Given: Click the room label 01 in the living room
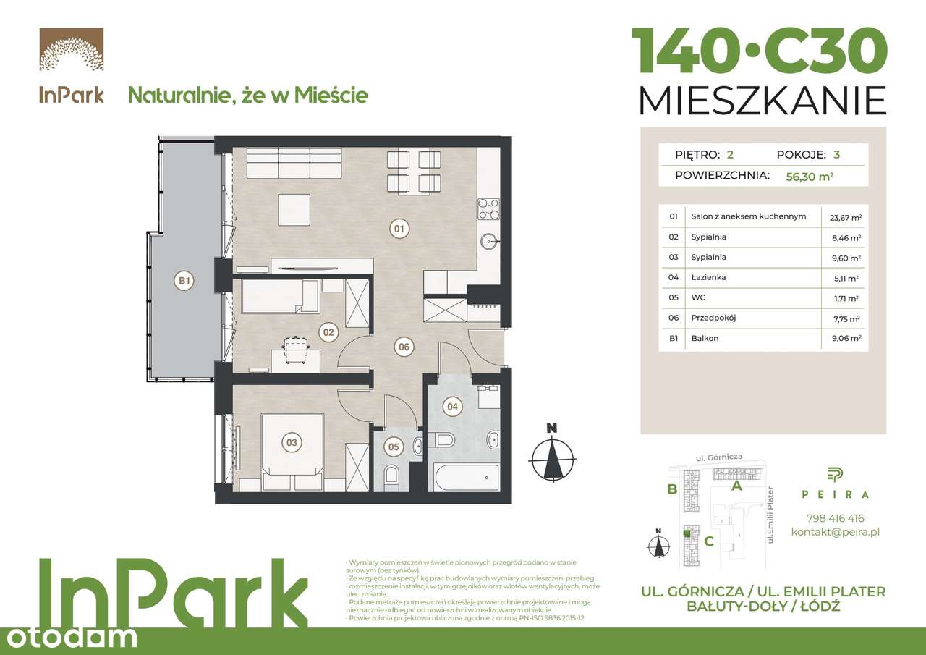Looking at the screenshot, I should [x=399, y=229].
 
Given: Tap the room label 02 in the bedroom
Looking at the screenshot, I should [x=328, y=333].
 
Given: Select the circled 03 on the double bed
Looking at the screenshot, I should [x=292, y=441].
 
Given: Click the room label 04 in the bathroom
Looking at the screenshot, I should [x=453, y=407].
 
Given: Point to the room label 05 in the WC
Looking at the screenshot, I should [x=394, y=447].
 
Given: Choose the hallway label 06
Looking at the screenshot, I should [x=404, y=347].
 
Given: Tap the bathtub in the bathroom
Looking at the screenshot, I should [x=467, y=476].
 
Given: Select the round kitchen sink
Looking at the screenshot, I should [x=487, y=240].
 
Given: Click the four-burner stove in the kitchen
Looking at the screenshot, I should [x=487, y=208].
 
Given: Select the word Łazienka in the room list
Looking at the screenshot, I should [x=708, y=277].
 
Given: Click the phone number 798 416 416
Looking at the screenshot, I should [x=835, y=518].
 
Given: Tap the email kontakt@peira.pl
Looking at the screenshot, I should [x=835, y=532].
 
